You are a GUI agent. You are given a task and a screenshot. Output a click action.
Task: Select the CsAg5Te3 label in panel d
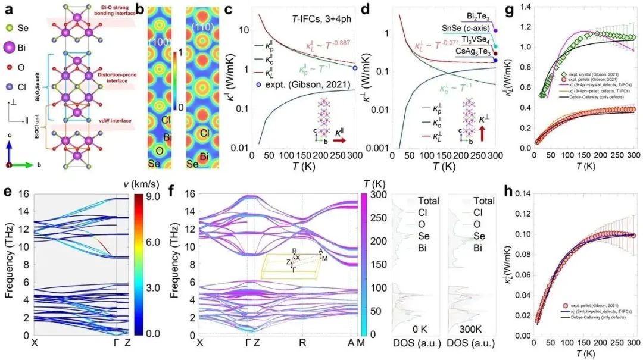[x=467, y=52]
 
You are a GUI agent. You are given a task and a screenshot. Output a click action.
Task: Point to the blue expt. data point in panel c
[x=355, y=68]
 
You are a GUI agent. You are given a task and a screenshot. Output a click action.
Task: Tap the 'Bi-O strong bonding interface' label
[x=116, y=8]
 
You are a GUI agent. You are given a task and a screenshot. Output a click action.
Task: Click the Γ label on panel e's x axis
[x=116, y=344]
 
